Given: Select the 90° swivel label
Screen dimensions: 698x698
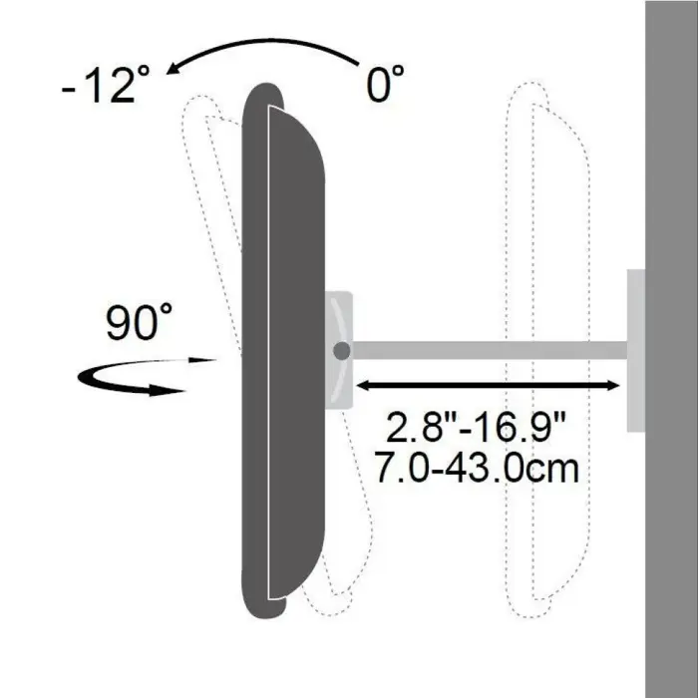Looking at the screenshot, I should (x=140, y=325).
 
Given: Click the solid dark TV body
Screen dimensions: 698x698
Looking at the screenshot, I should (x=284, y=349).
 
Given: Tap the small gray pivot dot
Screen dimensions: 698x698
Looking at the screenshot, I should (x=342, y=351).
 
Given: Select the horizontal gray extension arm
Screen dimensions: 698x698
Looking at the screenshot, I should (x=489, y=350).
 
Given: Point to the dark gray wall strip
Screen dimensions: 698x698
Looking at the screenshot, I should (x=671, y=349).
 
